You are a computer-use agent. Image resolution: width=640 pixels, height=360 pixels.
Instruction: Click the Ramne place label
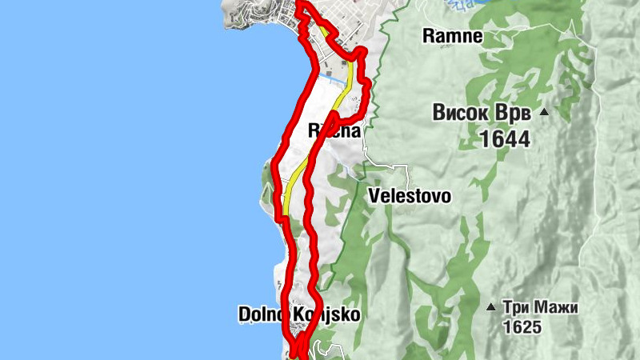[452, 36]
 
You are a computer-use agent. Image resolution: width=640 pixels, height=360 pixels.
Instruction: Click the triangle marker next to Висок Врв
[544, 111]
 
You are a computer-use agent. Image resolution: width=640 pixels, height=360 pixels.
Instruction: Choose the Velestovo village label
[410, 196]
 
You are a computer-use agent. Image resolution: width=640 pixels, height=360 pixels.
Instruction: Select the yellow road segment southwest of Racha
[291, 188]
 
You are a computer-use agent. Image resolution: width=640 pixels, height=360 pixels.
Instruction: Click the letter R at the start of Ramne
[429, 36]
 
